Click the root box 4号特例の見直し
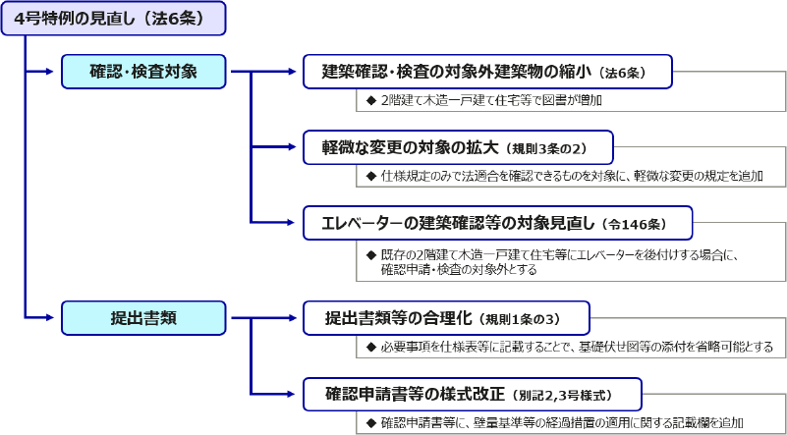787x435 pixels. pyautogui.click(x=113, y=18)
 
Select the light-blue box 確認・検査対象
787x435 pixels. pyautogui.click(x=143, y=71)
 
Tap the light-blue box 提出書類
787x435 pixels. pyautogui.click(x=143, y=317)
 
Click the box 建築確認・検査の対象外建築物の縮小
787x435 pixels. pyautogui.click(x=487, y=71)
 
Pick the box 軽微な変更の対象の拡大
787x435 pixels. pyautogui.click(x=458, y=147)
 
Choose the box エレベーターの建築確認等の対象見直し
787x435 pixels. pyautogui.click(x=497, y=223)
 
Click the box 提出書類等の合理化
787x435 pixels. pyautogui.click(x=445, y=317)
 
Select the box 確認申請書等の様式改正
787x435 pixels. pyautogui.click(x=472, y=394)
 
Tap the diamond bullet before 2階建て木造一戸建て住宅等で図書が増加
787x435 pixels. pyautogui.click(x=370, y=100)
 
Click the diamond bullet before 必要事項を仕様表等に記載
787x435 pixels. pyautogui.click(x=370, y=347)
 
